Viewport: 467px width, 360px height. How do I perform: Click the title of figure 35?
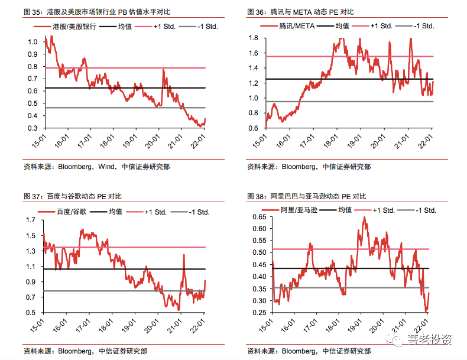coord(94,12)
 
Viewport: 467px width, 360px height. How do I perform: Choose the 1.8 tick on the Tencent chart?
coord(254,38)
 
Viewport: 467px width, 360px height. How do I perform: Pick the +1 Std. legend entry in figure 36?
coord(382,26)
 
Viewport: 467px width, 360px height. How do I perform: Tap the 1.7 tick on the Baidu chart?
coord(31,220)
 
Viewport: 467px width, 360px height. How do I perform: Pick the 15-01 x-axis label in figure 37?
coord(40,326)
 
